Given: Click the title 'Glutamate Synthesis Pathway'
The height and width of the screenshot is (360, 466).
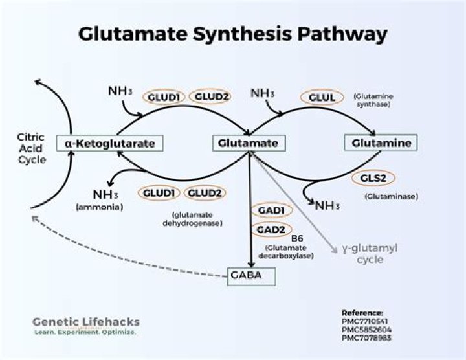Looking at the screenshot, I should point(233,34).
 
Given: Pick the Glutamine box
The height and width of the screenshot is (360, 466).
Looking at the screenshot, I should point(381,142).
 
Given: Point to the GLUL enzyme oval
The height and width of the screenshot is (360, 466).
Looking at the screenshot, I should point(322,97).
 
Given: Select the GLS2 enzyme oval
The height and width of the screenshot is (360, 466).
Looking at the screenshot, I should point(373,179).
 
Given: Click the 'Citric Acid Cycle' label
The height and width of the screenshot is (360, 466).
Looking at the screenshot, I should point(32,148).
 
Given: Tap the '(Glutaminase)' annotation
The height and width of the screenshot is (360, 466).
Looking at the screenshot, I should point(390,196).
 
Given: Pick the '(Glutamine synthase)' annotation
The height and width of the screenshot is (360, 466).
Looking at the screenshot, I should point(373,100).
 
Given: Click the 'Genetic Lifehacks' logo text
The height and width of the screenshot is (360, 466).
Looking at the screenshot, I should point(85,322).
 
